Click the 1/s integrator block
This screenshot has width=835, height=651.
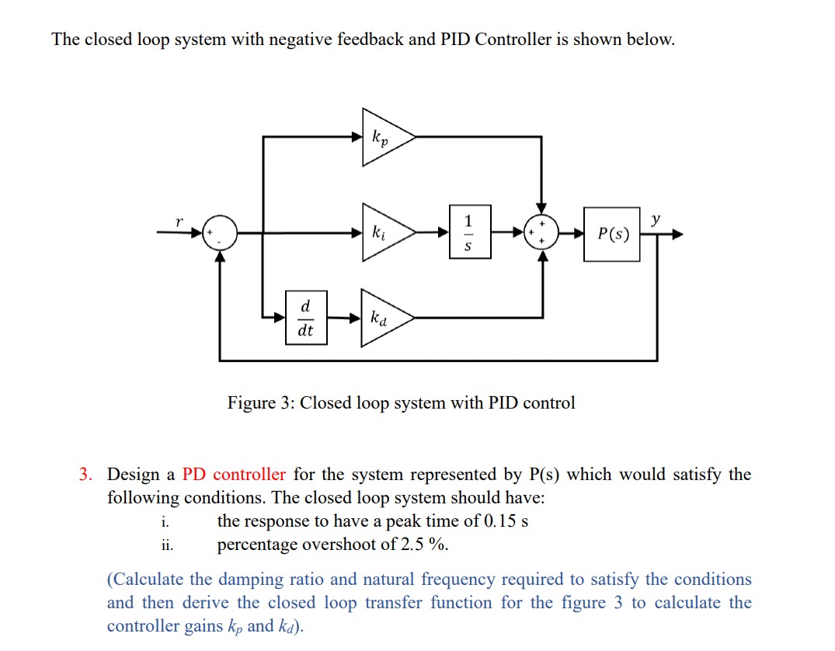[x=469, y=232]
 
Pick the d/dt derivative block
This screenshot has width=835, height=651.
[x=306, y=318]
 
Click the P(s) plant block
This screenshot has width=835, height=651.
[x=612, y=234]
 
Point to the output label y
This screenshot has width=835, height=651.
[x=656, y=221]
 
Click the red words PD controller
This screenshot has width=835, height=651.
[x=234, y=474]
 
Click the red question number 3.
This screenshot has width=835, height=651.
[x=85, y=474]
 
